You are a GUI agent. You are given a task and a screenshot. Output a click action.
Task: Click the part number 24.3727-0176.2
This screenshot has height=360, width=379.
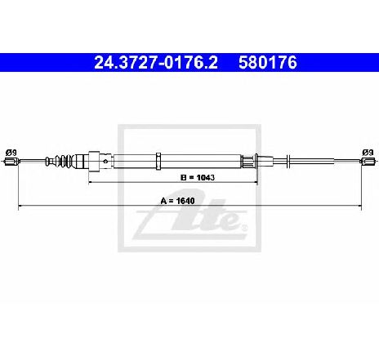click(x=156, y=63)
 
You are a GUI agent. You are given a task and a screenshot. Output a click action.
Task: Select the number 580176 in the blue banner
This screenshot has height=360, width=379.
click(x=268, y=63)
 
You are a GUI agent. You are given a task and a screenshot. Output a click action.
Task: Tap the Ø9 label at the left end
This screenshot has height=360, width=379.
click(x=11, y=153)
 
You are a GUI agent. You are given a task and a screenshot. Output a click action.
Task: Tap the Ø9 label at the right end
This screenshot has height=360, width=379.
click(x=368, y=153)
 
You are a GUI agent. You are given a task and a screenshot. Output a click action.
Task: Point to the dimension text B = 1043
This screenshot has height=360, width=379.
click(x=198, y=177)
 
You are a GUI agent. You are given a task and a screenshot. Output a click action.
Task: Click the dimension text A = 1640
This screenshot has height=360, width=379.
click(x=177, y=201)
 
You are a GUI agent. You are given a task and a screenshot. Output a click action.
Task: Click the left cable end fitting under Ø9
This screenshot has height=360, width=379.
click(x=11, y=162)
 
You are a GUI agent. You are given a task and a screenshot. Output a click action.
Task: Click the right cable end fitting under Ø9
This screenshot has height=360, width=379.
click(x=368, y=162)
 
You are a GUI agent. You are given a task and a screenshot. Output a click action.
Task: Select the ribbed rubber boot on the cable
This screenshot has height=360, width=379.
click(x=65, y=161)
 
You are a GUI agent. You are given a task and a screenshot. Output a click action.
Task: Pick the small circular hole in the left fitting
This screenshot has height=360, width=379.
click(x=105, y=161)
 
